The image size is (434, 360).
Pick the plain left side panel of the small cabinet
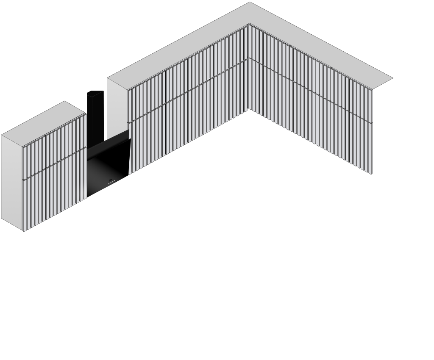(12, 182)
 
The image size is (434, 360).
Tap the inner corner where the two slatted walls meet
(248, 68)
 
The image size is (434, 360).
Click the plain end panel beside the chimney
(117, 106)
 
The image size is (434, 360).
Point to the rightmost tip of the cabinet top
(392, 78)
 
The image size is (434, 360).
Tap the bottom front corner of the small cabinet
(23, 231)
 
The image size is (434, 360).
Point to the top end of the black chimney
(95, 91)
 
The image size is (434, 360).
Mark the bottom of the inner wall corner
(248, 109)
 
